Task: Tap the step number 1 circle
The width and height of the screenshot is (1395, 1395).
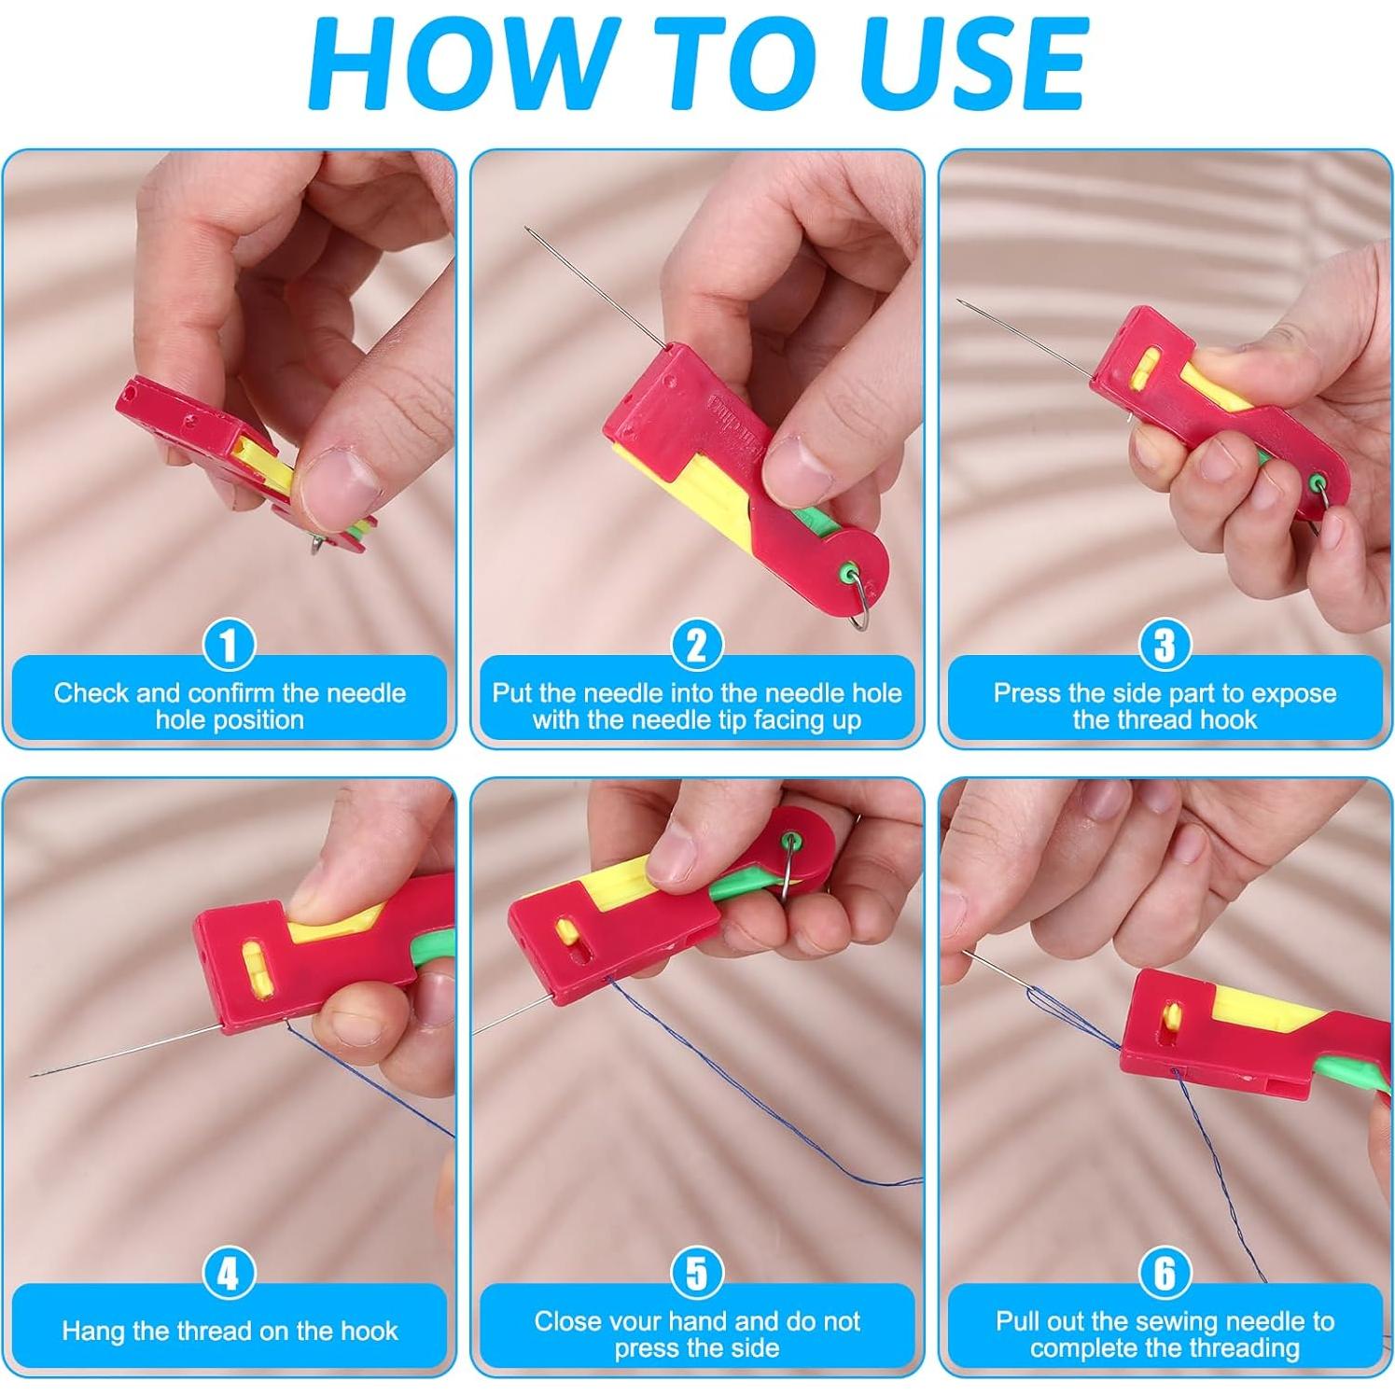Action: [x=229, y=645]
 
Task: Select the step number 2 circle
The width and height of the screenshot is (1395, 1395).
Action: [x=697, y=645]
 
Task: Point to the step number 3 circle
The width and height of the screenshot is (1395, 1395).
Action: [x=1165, y=645]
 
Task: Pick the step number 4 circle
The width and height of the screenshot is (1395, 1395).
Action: [x=229, y=1273]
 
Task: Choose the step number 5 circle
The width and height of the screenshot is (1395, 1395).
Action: [x=697, y=1273]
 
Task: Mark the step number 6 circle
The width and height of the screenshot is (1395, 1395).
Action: [x=1165, y=1273]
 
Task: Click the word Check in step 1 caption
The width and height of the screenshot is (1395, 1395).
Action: [x=91, y=692]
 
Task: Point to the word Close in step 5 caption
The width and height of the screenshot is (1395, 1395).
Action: [x=567, y=1320]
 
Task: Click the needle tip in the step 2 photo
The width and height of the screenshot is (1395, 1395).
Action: [x=527, y=228]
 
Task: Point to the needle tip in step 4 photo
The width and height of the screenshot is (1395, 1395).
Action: [x=33, y=1076]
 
